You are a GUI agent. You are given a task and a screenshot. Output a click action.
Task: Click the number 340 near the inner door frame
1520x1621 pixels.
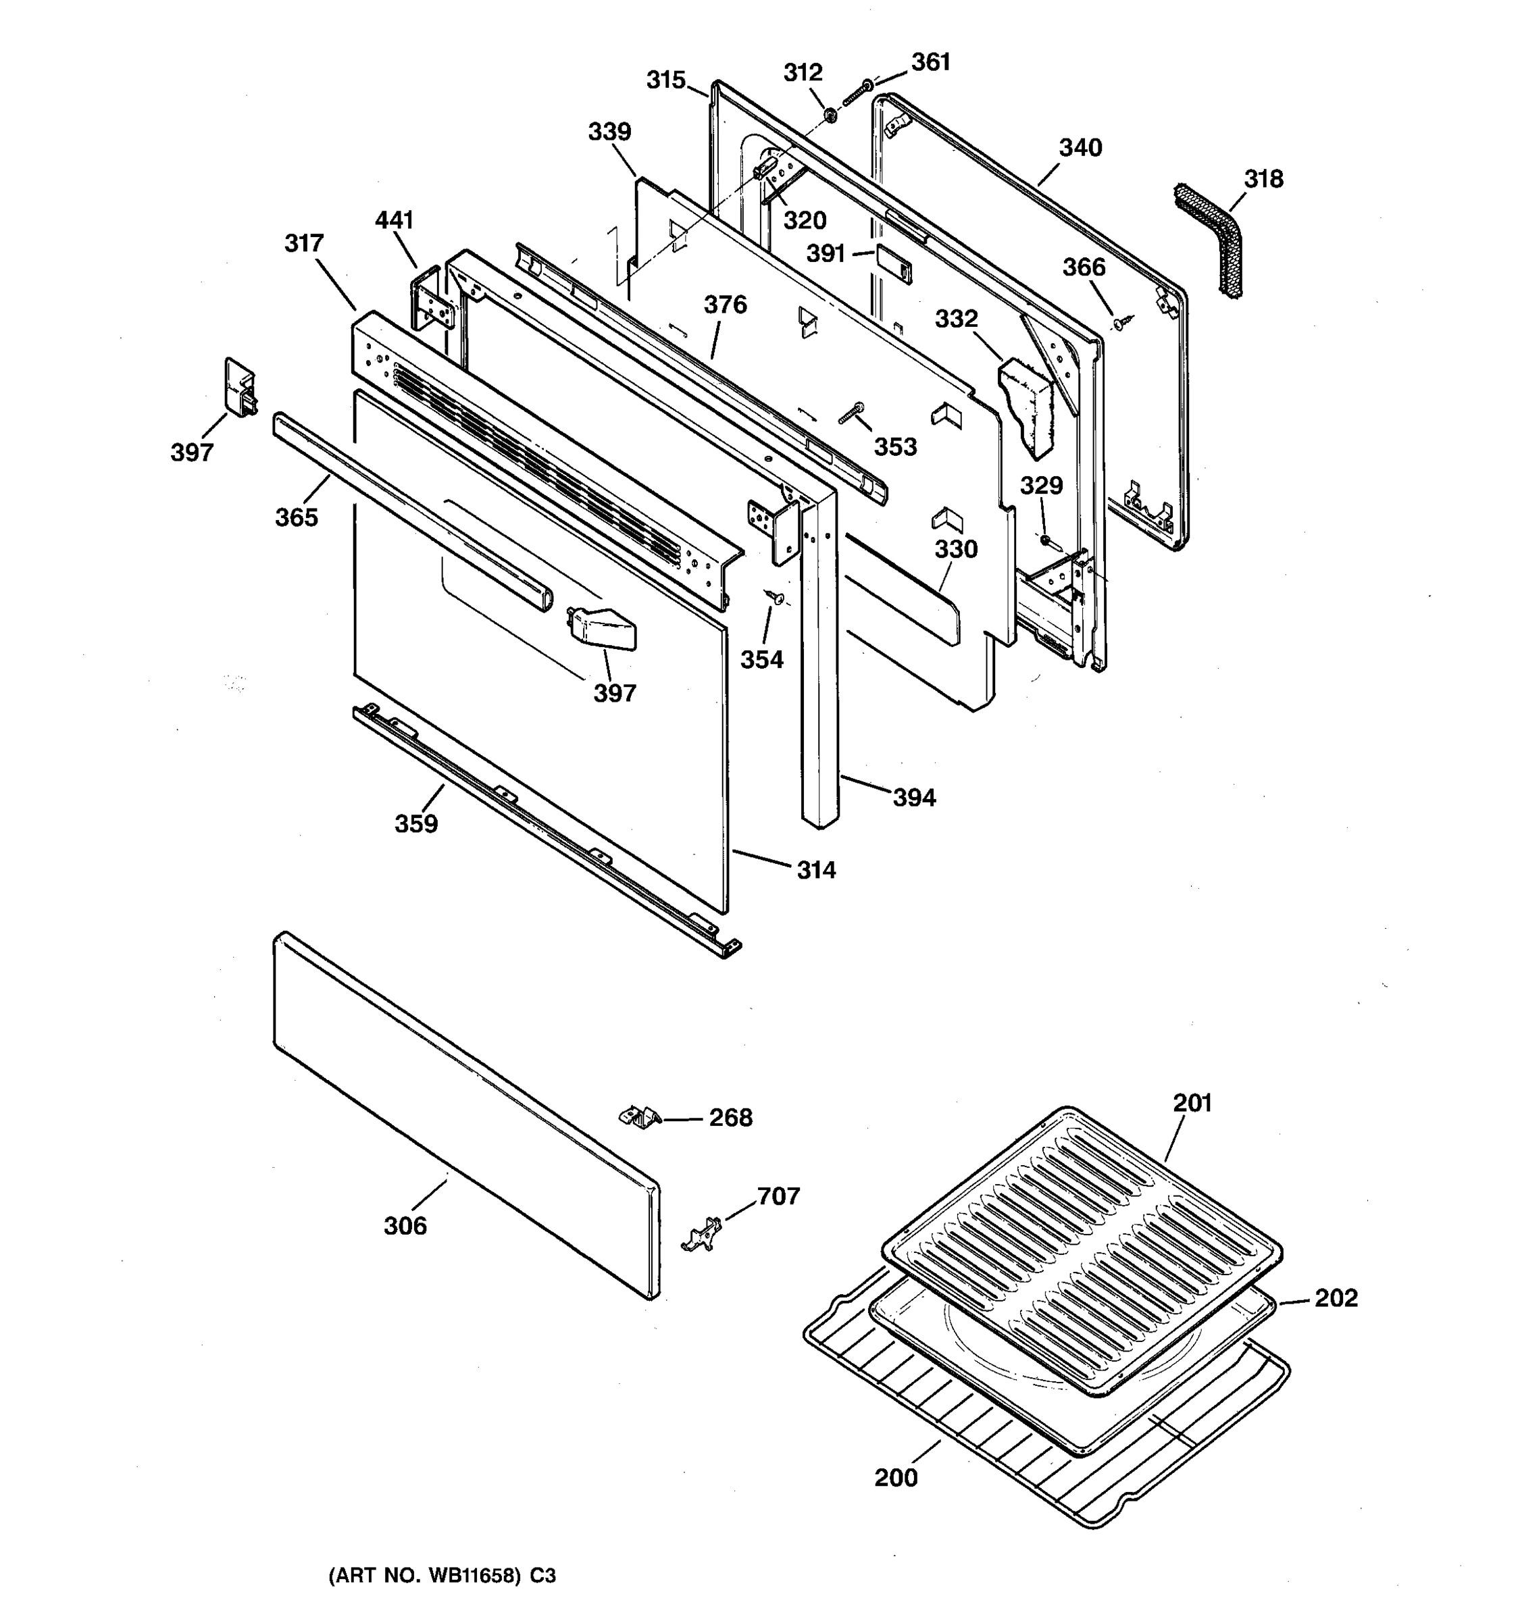point(1080,148)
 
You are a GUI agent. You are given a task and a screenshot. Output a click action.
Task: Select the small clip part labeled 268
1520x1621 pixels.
point(640,1116)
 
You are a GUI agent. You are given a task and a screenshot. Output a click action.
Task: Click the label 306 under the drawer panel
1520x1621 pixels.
point(405,1225)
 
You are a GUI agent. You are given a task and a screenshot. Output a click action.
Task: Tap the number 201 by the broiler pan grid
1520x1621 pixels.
point(1192,1102)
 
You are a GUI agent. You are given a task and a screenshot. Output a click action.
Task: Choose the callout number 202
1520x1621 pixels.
point(1336,1298)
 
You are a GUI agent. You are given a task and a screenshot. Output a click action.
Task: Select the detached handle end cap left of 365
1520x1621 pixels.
point(240,386)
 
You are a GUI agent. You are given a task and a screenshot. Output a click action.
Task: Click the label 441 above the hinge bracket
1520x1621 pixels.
point(394,220)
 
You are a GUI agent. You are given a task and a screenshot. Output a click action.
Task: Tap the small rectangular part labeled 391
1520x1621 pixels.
point(894,263)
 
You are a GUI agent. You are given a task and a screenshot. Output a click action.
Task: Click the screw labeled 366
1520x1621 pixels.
point(1123,323)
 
